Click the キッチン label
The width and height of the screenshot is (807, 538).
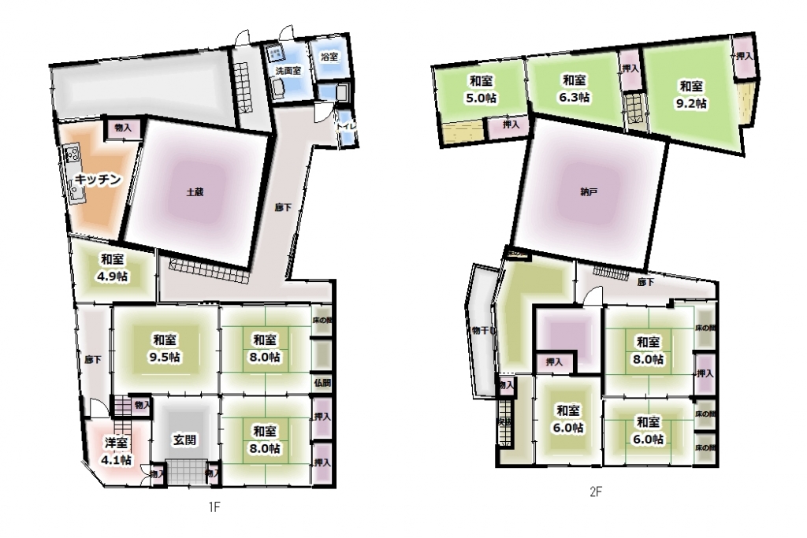99,180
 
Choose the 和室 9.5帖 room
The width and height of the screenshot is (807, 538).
164,347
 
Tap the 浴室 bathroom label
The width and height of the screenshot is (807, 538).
329,57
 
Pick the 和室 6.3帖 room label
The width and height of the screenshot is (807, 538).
575,88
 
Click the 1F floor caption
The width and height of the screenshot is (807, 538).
214,509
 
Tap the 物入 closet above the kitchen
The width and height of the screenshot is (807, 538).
122,127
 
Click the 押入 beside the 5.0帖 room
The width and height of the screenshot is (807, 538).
511,124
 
